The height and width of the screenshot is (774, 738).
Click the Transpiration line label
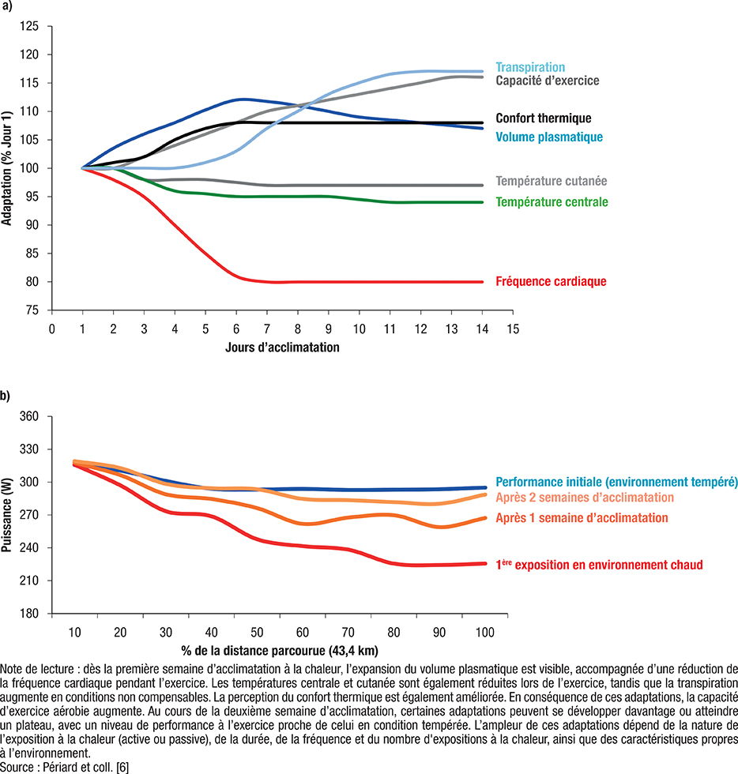click(530, 68)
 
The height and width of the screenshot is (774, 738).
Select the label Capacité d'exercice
click(547, 81)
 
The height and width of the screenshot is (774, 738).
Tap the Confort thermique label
click(543, 118)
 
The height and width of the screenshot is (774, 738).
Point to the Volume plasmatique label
click(549, 137)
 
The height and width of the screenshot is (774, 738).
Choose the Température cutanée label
click(552, 180)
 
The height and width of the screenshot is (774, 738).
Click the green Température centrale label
click(552, 202)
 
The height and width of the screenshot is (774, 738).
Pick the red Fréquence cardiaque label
click(551, 281)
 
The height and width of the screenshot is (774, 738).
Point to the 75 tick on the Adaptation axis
click(33, 310)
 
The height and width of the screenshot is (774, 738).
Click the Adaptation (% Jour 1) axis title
click(7, 168)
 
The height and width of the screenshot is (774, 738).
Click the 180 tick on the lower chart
click(30, 614)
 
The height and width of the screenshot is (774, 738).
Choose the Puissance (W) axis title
click(7, 515)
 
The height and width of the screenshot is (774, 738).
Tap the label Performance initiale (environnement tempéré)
click(616, 481)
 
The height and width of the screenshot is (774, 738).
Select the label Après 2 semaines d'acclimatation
click(585, 498)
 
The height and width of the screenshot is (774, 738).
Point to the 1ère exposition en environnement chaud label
click(599, 565)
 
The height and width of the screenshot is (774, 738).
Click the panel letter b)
click(6, 396)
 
